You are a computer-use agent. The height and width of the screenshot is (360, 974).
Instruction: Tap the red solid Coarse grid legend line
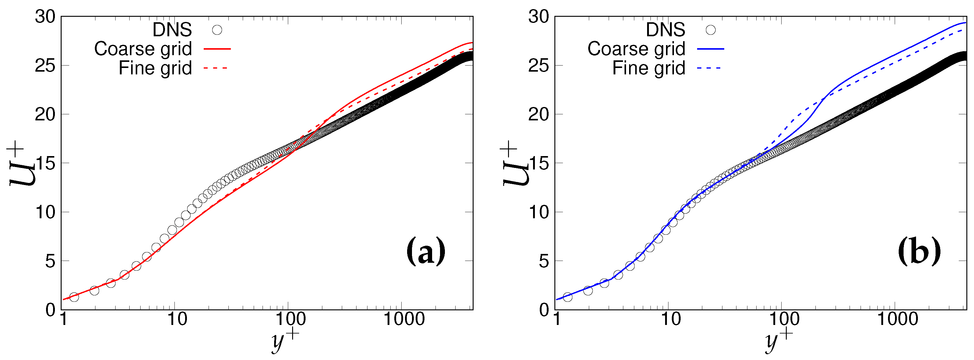[x=217, y=49]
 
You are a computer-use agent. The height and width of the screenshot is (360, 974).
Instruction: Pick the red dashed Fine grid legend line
[x=216, y=68]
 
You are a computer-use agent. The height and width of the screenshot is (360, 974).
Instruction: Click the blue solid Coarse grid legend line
[x=711, y=49]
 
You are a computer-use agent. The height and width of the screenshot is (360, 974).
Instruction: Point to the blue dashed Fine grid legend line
[x=709, y=68]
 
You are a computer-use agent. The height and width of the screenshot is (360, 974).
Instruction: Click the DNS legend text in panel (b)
[x=665, y=30]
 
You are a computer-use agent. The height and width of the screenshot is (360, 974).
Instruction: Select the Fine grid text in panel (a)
[x=156, y=68]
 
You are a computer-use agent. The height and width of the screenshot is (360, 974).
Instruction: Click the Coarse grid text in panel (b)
[x=636, y=49]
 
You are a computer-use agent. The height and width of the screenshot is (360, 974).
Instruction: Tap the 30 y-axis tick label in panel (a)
[x=45, y=17]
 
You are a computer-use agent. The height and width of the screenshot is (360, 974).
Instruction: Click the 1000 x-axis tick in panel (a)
[x=403, y=319]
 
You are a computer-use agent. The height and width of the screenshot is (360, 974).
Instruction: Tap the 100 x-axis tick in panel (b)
[x=783, y=319]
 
